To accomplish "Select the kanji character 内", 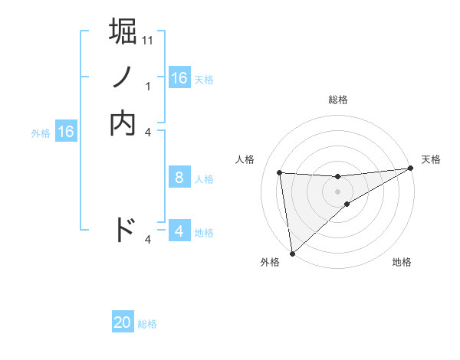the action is click(123, 123).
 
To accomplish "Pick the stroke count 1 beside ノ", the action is click(148, 87).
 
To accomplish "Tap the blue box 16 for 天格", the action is click(179, 78).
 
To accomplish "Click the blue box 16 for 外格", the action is click(66, 132).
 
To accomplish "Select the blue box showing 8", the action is click(179, 178).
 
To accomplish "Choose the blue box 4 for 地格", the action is click(179, 231).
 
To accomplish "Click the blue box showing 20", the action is click(123, 322).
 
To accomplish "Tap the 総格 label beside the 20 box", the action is click(147, 324).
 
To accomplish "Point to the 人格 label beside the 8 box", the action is click(204, 179).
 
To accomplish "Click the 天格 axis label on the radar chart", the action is click(431, 159).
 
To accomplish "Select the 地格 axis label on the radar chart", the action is click(402, 263).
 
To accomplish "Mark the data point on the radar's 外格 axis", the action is click(292, 254).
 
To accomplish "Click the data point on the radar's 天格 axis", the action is click(409, 169).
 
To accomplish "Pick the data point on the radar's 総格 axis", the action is click(337, 177).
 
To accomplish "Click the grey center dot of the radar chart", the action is click(337, 191).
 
